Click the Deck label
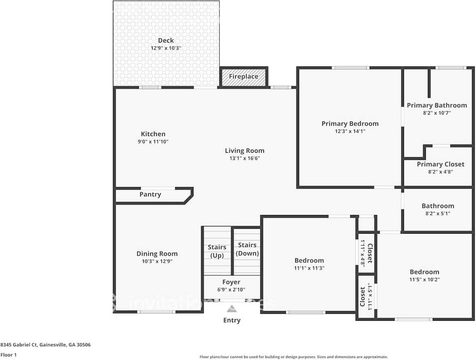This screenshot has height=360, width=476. pyautogui.click(x=166, y=40)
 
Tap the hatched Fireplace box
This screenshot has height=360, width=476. pyautogui.click(x=243, y=77)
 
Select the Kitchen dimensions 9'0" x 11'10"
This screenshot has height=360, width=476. pyautogui.click(x=153, y=142)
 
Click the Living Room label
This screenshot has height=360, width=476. pyautogui.click(x=244, y=151)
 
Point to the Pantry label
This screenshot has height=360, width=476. pyautogui.click(x=150, y=194)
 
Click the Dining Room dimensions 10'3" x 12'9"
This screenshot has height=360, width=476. pyautogui.click(x=157, y=261)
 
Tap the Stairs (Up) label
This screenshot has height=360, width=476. pyautogui.click(x=217, y=251)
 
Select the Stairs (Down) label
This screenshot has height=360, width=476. pyautogui.click(x=247, y=249)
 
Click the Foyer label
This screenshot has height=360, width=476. pyautogui.click(x=231, y=282)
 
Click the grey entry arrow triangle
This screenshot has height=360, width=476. pyautogui.click(x=232, y=309)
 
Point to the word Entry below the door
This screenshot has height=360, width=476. pyautogui.click(x=232, y=320)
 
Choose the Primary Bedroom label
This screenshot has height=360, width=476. pyautogui.click(x=350, y=124)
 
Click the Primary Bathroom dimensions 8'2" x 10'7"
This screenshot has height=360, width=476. pyautogui.click(x=436, y=113)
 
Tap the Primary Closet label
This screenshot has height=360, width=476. pyautogui.click(x=440, y=164)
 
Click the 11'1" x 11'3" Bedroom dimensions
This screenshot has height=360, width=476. pyautogui.click(x=309, y=268)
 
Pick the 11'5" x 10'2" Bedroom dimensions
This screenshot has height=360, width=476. pyautogui.click(x=424, y=279)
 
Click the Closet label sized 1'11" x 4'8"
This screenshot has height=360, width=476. pyautogui.click(x=369, y=253)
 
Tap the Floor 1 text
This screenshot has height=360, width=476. pyautogui.click(x=8, y=355)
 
